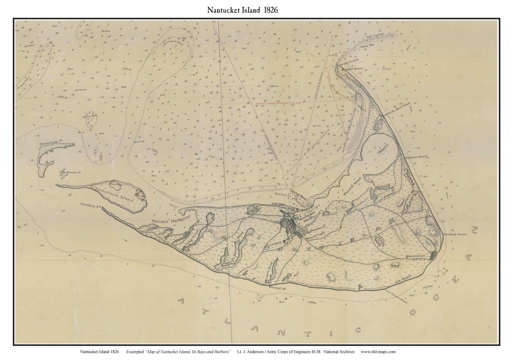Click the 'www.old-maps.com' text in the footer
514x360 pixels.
378,351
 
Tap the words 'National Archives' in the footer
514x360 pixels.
339,351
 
